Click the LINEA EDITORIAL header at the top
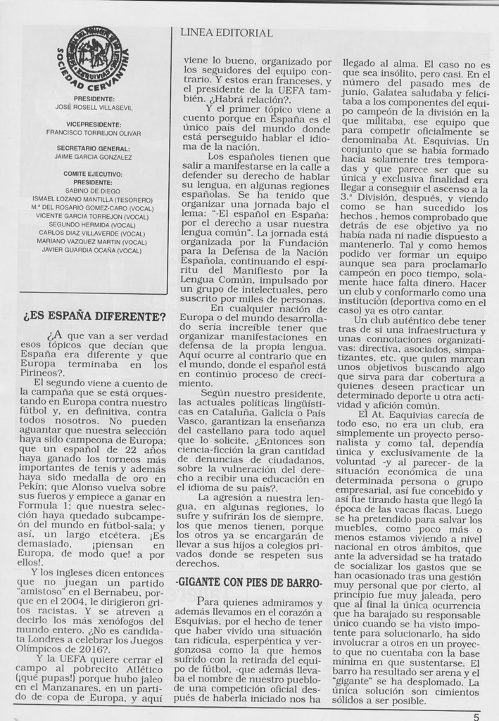tap(226, 33)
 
